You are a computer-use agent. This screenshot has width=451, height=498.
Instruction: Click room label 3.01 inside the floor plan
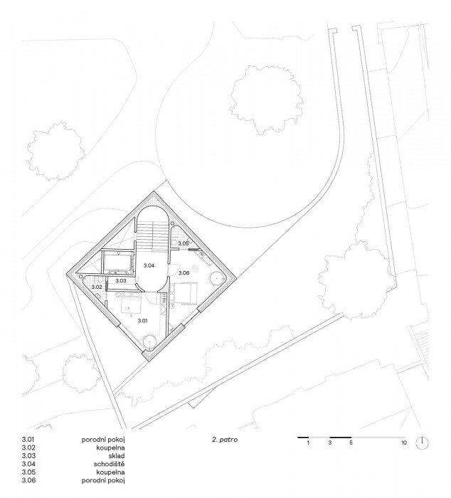(142, 321)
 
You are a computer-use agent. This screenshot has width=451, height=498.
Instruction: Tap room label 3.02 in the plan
(97, 287)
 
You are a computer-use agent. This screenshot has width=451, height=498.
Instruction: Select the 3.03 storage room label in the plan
(121, 281)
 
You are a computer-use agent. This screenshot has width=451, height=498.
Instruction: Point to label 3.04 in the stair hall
(149, 265)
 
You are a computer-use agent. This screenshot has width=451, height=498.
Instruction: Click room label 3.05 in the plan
(184, 243)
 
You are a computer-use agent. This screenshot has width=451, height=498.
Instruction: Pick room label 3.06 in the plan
(184, 272)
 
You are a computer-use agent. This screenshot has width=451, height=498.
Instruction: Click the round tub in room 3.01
(149, 341)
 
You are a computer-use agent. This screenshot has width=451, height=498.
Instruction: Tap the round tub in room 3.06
(216, 278)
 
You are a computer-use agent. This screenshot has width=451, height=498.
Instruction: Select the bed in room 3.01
(131, 305)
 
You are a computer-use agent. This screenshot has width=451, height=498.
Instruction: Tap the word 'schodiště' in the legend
(110, 464)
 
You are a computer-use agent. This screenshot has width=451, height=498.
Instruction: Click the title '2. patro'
(225, 440)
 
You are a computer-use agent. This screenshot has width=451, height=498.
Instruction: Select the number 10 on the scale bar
(404, 443)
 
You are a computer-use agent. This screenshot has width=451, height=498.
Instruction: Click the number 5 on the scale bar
(351, 443)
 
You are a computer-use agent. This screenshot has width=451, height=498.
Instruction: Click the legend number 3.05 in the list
(28, 472)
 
